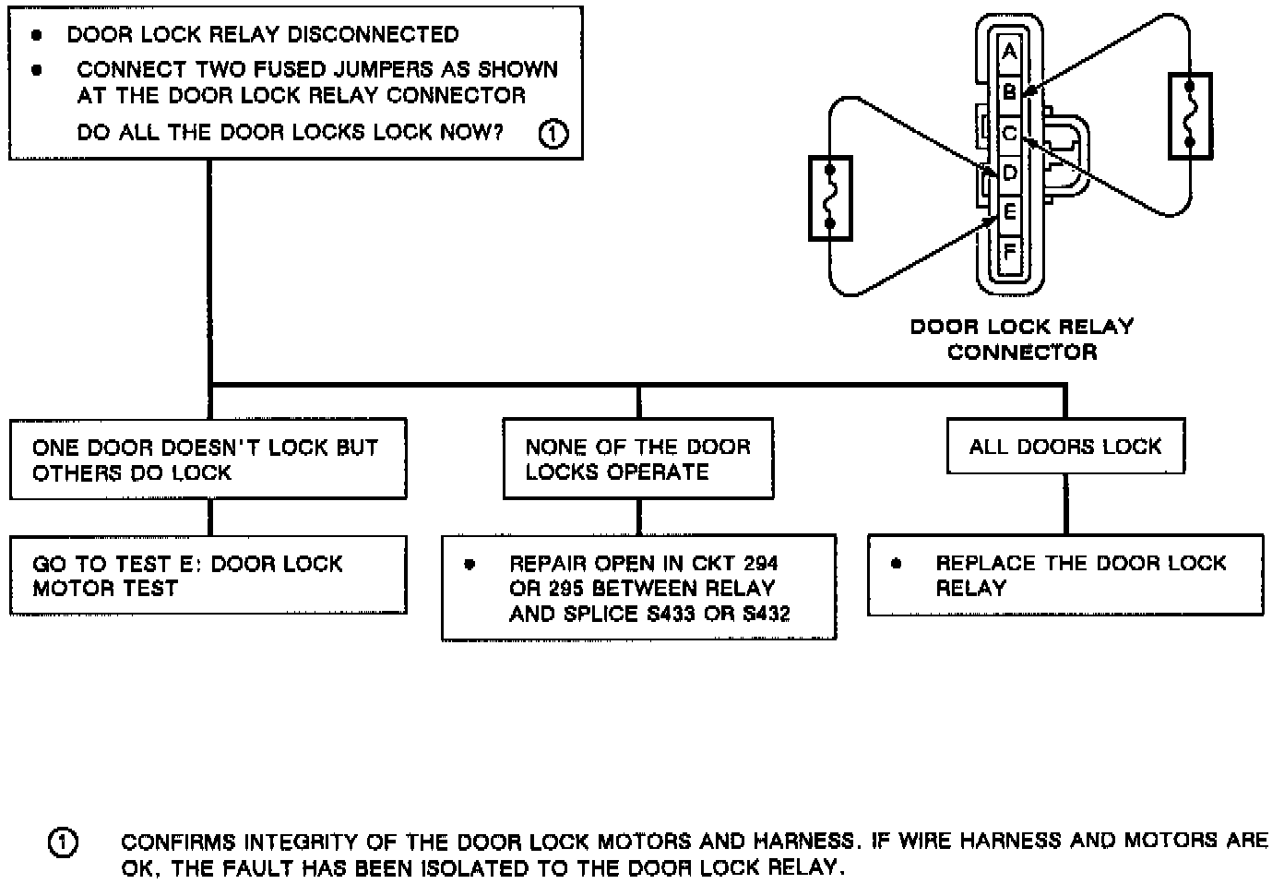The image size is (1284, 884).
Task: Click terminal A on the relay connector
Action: (x=1010, y=52)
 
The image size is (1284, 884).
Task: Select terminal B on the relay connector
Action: (x=1010, y=92)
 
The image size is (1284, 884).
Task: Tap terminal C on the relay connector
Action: (x=1010, y=133)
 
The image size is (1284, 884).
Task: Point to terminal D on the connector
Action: (x=1010, y=173)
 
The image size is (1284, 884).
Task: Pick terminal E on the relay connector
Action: (x=1010, y=212)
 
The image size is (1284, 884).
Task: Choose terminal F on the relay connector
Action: (x=1010, y=251)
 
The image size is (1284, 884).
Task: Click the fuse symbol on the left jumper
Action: (x=830, y=197)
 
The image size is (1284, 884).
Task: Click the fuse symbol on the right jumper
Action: (x=1190, y=115)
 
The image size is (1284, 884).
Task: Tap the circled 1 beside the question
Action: (x=553, y=134)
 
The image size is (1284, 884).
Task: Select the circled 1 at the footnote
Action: (x=63, y=843)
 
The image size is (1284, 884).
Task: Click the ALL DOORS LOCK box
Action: (x=1065, y=447)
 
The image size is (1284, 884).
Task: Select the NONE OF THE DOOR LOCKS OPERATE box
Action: (x=637, y=459)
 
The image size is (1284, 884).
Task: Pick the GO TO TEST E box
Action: (x=208, y=575)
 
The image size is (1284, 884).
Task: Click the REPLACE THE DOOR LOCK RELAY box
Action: (x=1065, y=575)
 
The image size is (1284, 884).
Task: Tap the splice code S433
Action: (x=671, y=614)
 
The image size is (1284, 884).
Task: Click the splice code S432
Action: (x=767, y=614)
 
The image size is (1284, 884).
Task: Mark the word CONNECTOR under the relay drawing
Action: (x=1022, y=352)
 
